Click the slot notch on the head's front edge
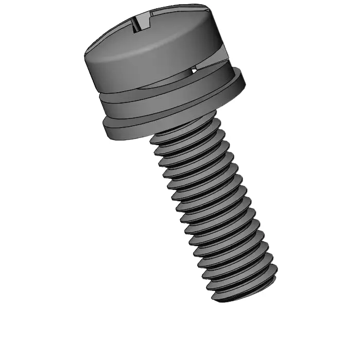coord(139,24)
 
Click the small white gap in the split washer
coord(193,70)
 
